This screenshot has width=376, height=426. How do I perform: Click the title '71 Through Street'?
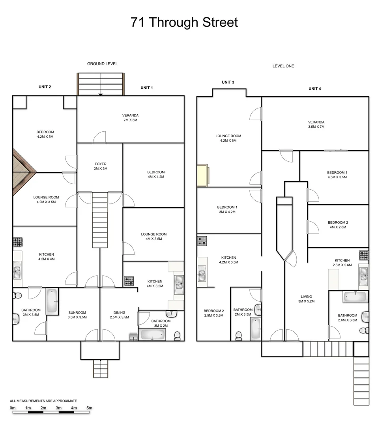pos(184,22)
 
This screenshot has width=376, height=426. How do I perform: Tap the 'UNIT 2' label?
pos(45,87)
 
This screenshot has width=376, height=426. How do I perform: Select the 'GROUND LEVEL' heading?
pos(102,64)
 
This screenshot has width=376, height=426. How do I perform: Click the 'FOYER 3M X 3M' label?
pos(100,166)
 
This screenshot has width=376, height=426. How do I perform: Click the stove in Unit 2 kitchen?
pos(18,242)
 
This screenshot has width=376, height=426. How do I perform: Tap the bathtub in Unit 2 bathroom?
pos(52,301)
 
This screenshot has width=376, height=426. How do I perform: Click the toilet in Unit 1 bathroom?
pos(177,336)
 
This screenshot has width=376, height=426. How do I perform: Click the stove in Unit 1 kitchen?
pos(129,281)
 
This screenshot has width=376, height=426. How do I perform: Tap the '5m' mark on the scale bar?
pos(89,408)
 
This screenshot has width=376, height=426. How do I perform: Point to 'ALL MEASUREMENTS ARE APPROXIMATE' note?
pos(43,401)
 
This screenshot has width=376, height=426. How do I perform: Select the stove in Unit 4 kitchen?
pos(363,255)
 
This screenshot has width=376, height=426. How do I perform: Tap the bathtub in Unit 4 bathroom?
pos(355,297)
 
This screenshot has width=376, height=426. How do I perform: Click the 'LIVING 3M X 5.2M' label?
pos(306,299)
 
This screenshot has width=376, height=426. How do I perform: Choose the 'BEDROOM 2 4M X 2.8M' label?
pos(338,224)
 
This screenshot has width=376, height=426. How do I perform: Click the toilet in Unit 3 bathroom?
pos(238,335)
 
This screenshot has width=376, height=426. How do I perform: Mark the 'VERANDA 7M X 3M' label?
pos(130,118)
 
